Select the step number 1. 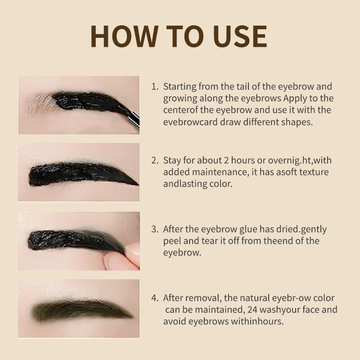[x=154, y=86]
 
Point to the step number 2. [x=155, y=160]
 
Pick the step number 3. [x=155, y=229]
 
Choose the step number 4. [x=155, y=298]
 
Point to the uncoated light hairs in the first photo [x=41, y=103]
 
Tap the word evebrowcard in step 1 [x=190, y=121]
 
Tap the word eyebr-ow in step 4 [x=291, y=298]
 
